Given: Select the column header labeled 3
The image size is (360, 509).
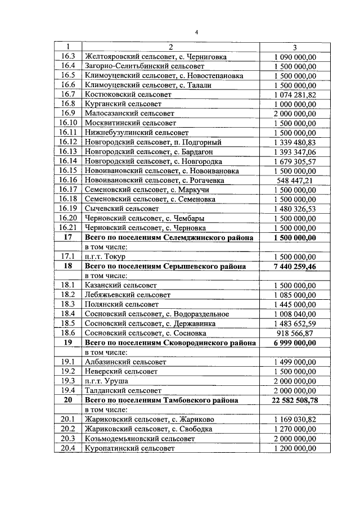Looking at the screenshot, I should pyautogui.click(x=295, y=47).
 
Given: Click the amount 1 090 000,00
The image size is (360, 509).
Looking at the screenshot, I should pyautogui.click(x=295, y=57).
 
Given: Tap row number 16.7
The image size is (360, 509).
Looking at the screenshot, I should pyautogui.click(x=68, y=94).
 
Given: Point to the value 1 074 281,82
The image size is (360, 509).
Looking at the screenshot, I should pyautogui.click(x=295, y=94).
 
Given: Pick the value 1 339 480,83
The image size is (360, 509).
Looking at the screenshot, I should pyautogui.click(x=295, y=142).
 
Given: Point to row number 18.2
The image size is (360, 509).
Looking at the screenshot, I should pyautogui.click(x=68, y=295).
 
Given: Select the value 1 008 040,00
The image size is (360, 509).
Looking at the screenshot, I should pyautogui.click(x=295, y=314).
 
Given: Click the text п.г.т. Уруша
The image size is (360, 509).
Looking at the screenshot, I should pyautogui.click(x=105, y=381).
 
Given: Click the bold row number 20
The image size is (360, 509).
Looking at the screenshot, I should pyautogui.click(x=68, y=400).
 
